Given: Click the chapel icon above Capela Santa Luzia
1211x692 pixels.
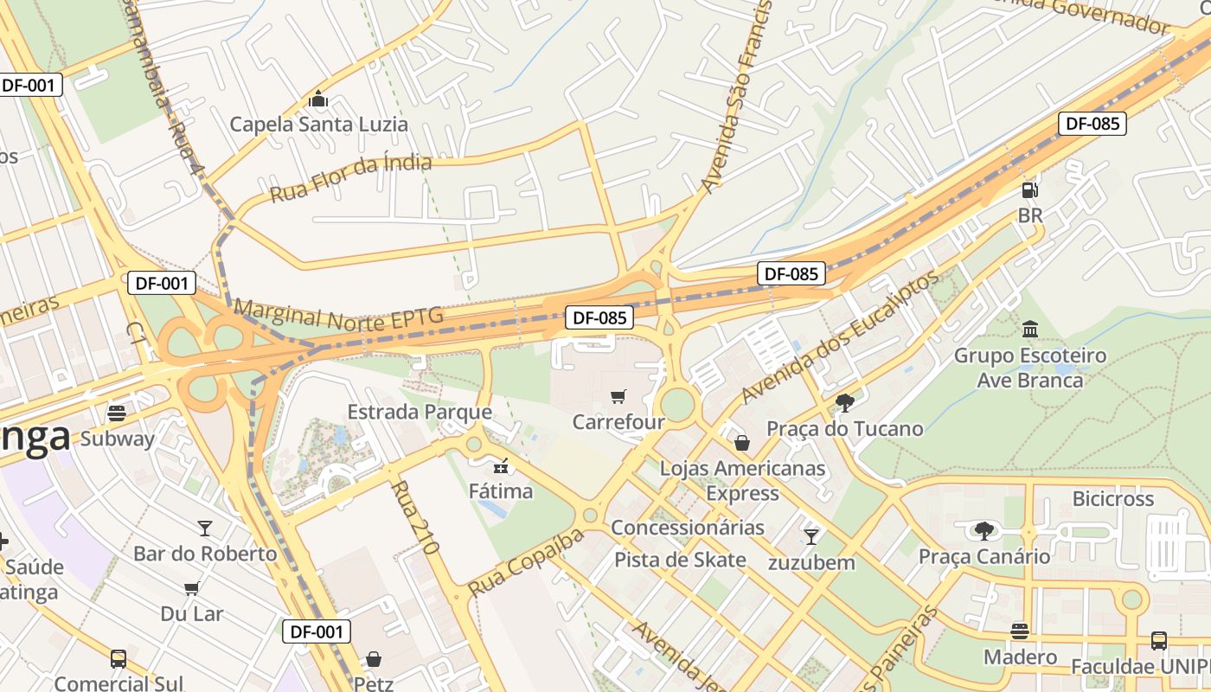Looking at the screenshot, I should [x=318, y=99].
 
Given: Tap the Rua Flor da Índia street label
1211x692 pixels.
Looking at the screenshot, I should [x=350, y=177].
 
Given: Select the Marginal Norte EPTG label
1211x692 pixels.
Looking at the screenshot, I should [x=338, y=316].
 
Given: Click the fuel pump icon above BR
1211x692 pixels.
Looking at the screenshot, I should [x=1029, y=190].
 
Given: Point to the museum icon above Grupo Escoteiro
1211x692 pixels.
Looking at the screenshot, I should [x=1029, y=330].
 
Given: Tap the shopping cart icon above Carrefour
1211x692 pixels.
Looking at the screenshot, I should [x=618, y=397].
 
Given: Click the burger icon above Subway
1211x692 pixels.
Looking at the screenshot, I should [x=117, y=413].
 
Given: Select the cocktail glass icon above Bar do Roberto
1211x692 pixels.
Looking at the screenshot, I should [x=205, y=528].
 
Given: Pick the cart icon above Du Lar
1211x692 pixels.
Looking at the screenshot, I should [x=191, y=589].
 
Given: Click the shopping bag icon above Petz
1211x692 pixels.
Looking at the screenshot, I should [x=374, y=659].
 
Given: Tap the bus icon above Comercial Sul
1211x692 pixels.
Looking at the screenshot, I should [x=119, y=659].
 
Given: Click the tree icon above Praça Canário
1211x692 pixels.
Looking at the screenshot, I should [x=984, y=530].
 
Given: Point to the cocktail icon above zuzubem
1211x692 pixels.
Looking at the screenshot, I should [x=811, y=537].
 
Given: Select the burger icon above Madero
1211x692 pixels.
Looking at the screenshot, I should [x=1020, y=631].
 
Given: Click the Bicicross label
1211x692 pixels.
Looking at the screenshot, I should [x=1112, y=499].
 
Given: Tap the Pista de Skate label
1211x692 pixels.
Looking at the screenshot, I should [x=680, y=560].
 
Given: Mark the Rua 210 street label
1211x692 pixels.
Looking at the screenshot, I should [x=417, y=517].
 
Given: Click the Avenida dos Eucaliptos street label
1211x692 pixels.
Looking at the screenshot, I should [x=838, y=337].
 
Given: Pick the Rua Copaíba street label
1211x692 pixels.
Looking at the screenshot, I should [x=525, y=563].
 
